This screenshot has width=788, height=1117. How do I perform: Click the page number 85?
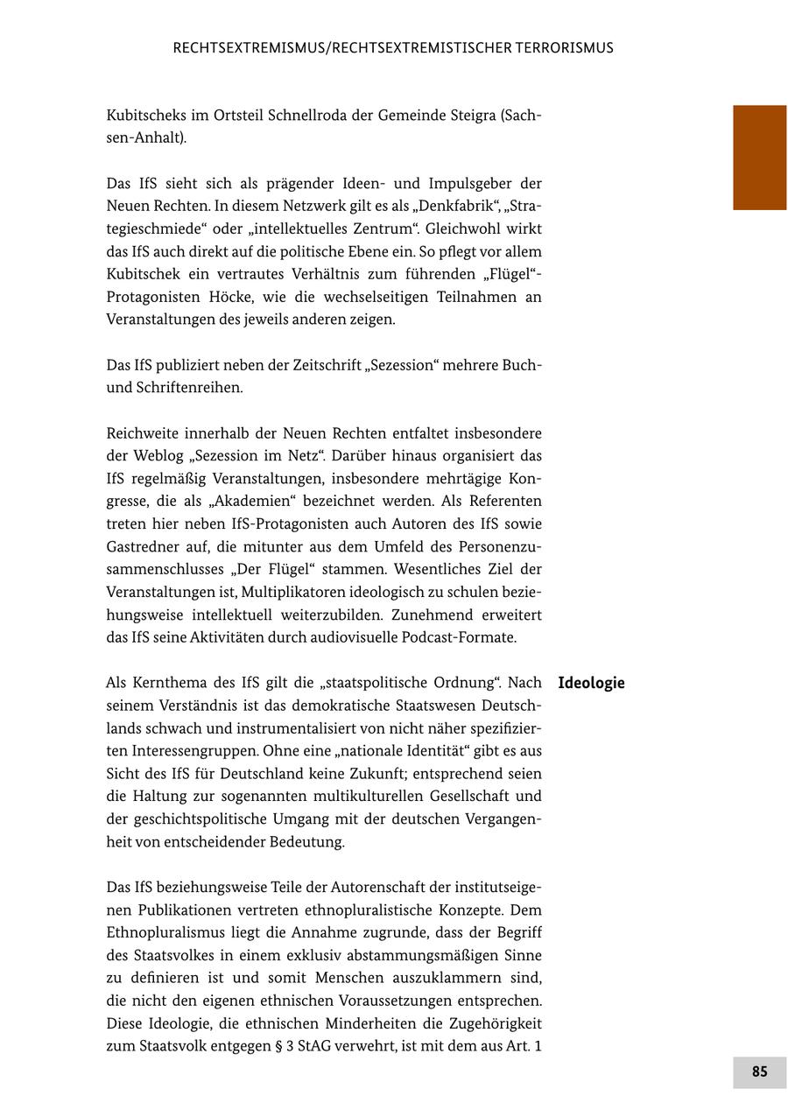pyautogui.click(x=759, y=1071)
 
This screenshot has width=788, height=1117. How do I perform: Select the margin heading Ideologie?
pyautogui.click(x=591, y=683)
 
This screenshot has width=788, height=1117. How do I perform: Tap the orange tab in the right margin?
pyautogui.click(x=759, y=158)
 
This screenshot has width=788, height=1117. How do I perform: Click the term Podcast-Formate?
pyautogui.click(x=459, y=637)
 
